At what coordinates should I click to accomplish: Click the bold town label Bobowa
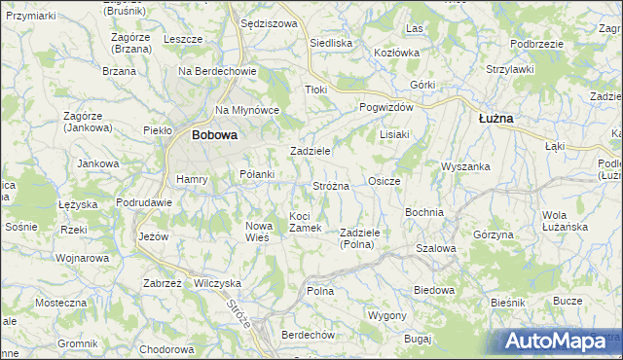pyautogui.click(x=214, y=136)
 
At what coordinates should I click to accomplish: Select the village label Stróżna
pyautogui.click(x=331, y=185)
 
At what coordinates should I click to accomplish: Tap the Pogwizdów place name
pyautogui.click(x=386, y=107)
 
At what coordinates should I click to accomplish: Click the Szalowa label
pyautogui.click(x=435, y=248)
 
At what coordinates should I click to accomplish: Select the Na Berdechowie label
pyautogui.click(x=216, y=71)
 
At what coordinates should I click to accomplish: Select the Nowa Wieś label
pyautogui.click(x=257, y=231)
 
